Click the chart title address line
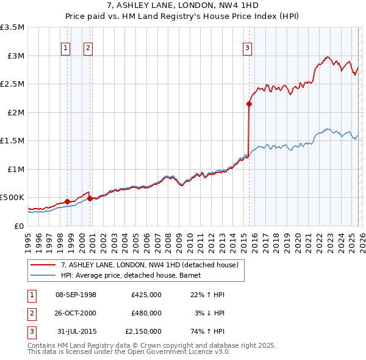click(x=183, y=5)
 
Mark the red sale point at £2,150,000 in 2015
click(x=249, y=104)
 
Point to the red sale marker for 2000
click(x=90, y=198)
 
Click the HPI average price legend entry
click(x=134, y=275)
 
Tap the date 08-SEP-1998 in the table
click(x=76, y=295)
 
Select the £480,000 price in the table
click(x=146, y=313)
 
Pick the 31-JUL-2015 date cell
click(x=77, y=331)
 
